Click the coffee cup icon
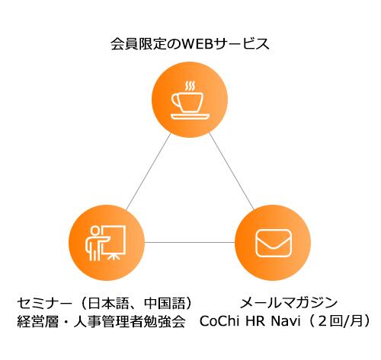tap(190, 100)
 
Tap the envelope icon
tap(274, 244)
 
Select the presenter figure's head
tap(95, 231)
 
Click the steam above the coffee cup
tap(190, 86)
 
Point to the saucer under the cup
tap(190, 116)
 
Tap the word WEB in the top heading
tap(197, 43)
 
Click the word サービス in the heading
tap(242, 43)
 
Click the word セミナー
tap(44, 304)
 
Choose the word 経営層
tap(37, 321)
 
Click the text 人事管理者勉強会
tap(130, 321)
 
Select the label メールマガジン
tap(289, 303)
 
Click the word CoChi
tap(219, 321)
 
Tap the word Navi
tap(286, 321)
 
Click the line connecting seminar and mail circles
tap(190, 242)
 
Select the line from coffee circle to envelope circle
tap(232, 171)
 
